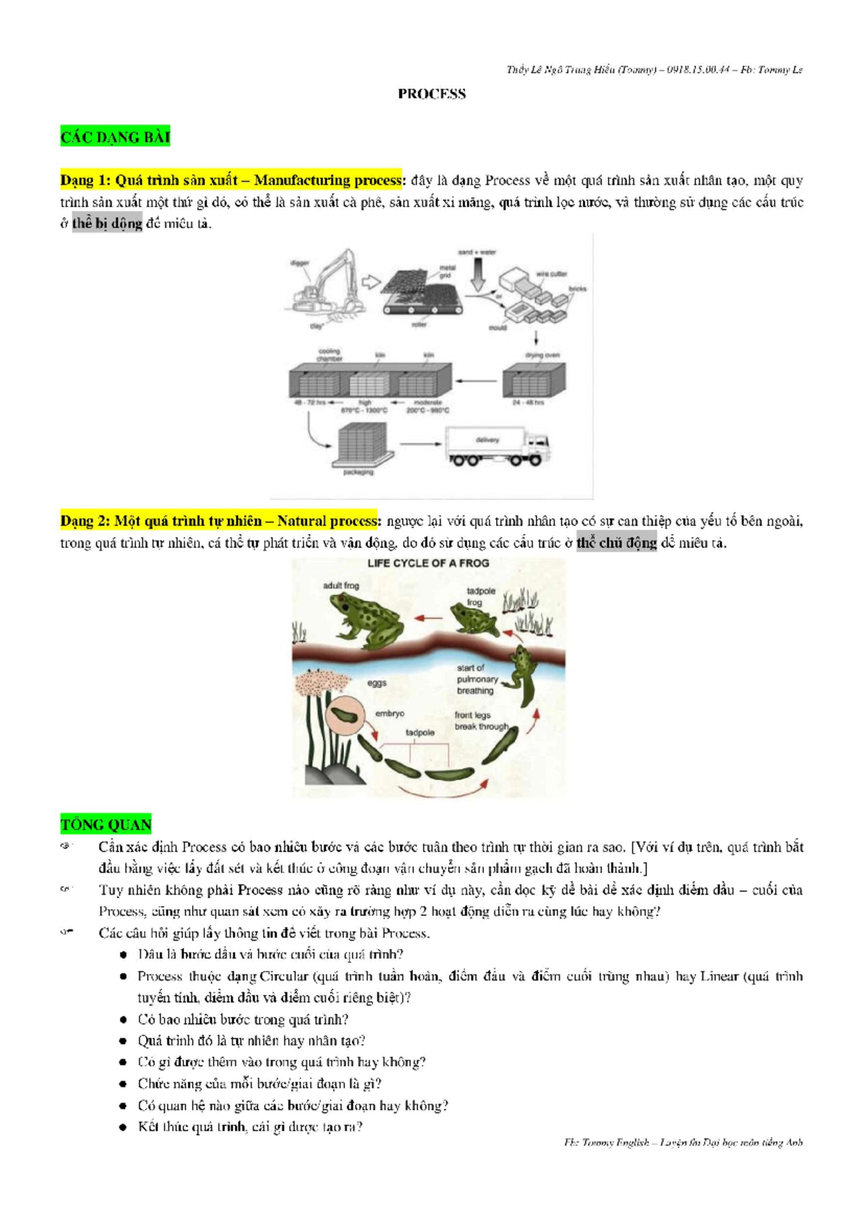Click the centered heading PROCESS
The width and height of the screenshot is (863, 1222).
tap(431, 94)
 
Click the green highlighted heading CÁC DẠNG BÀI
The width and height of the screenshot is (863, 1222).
tap(115, 137)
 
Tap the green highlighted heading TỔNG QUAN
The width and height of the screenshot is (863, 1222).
tap(106, 825)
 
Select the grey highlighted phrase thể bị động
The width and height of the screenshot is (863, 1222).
tap(107, 224)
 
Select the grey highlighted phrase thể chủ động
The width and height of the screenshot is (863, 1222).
tap(616, 543)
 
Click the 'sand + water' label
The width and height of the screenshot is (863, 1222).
tap(477, 253)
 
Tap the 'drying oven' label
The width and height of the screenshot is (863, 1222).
tap(542, 356)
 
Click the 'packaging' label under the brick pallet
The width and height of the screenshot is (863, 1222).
tap(358, 473)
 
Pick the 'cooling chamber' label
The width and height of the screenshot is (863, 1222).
tap(329, 355)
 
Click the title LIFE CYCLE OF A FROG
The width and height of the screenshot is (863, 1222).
tap(428, 564)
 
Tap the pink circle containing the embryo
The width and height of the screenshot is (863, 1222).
tap(347, 715)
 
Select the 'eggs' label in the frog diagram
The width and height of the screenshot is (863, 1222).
tap(377, 683)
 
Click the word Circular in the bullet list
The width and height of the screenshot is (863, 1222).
tap(283, 977)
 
